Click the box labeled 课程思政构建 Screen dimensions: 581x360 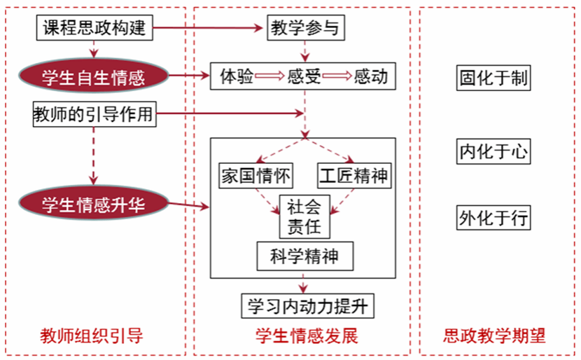(x=94, y=28)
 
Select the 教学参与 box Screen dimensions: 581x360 (x=306, y=28)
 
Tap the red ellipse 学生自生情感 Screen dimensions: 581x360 (x=93, y=76)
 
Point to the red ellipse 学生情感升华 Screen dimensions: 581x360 (x=93, y=204)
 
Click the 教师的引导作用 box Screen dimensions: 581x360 (x=94, y=114)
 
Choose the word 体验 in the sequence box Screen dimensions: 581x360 (x=237, y=76)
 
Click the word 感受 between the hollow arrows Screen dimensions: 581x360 (x=304, y=76)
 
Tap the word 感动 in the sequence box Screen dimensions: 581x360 (x=370, y=76)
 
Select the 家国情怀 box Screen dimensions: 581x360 (x=256, y=176)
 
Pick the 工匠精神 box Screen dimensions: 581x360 (x=355, y=176)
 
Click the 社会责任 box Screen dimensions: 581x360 (x=304, y=217)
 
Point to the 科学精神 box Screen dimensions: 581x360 (x=305, y=256)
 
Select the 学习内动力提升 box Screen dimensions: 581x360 (x=307, y=306)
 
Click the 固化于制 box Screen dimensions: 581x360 (x=493, y=78)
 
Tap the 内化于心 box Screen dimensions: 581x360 (x=493, y=151)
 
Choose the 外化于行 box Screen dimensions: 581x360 (x=493, y=218)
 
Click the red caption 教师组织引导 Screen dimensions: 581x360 (x=92, y=336)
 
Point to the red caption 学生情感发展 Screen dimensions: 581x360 (x=307, y=336)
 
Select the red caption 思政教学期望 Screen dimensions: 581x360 (x=494, y=336)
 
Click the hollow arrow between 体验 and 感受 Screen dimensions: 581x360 (x=269, y=76)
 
